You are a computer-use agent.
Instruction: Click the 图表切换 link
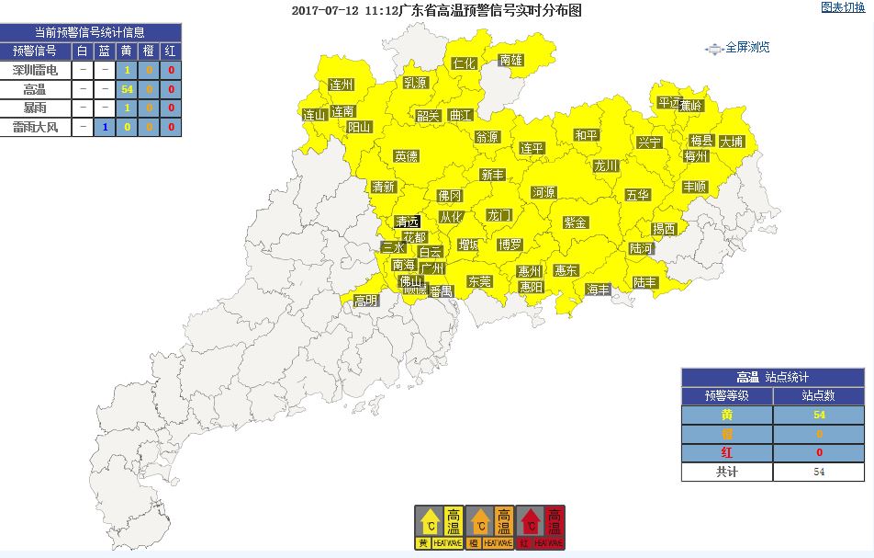[x=842, y=7]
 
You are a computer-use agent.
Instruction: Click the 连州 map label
[x=342, y=85]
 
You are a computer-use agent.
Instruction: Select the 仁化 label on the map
[x=465, y=63]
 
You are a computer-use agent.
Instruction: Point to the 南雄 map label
[x=511, y=61]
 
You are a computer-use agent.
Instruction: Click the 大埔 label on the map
[x=732, y=142]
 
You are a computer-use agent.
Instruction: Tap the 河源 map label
[x=543, y=193]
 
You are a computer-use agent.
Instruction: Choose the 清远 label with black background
[x=407, y=222]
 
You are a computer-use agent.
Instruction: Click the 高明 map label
[x=365, y=301]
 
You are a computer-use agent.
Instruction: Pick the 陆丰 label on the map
[x=645, y=282]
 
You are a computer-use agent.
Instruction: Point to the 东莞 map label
[x=479, y=281]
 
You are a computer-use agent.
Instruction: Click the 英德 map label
[x=406, y=156]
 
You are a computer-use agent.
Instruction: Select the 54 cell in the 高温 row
[x=128, y=90]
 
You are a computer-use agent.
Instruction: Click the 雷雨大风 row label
[x=37, y=128]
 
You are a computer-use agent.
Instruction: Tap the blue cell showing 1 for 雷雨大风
[x=106, y=128]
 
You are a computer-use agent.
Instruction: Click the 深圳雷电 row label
[x=37, y=70]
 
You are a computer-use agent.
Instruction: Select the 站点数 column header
[x=818, y=396]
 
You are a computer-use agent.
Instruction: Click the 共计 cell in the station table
[x=726, y=472]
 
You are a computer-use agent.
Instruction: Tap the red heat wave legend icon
[x=541, y=528]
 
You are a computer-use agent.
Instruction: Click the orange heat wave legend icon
[x=489, y=528]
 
